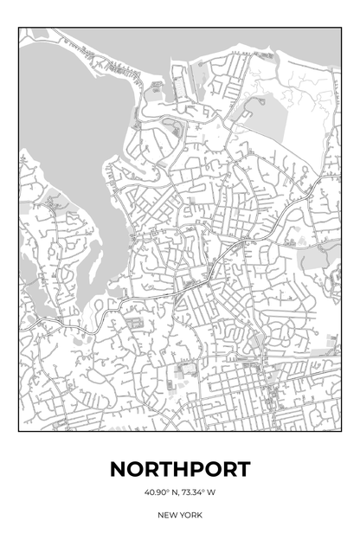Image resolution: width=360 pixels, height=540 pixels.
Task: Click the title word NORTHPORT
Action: point(180,470)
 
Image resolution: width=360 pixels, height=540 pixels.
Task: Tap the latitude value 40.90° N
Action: point(161,493)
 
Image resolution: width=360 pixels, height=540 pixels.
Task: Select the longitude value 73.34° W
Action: point(199,493)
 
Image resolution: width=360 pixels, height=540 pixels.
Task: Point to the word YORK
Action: point(191,515)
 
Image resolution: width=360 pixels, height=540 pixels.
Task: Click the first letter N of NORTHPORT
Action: point(119,470)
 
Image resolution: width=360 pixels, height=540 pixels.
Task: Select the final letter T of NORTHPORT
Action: point(242,470)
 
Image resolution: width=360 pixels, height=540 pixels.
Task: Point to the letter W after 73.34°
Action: point(211,493)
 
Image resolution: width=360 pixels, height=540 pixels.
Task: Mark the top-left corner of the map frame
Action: point(19,28)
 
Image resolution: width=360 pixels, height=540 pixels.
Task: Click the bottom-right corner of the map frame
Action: point(341,431)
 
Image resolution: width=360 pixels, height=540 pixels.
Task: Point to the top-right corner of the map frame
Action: point(341,28)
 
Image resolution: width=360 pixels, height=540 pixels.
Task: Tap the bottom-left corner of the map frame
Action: point(19,431)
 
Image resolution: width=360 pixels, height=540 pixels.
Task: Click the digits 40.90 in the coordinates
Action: point(156,493)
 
